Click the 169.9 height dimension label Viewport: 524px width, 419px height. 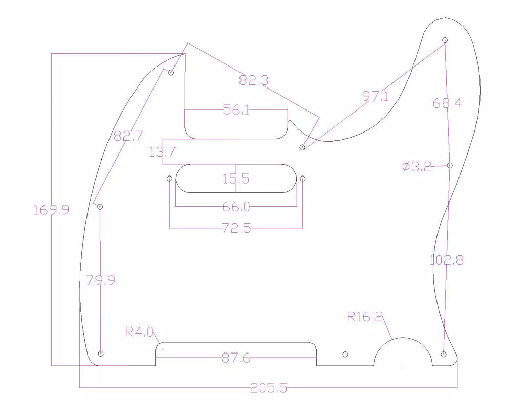click(52, 210)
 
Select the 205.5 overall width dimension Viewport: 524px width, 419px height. click(269, 388)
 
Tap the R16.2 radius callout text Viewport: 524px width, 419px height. click(365, 316)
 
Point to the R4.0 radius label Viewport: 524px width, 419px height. click(139, 332)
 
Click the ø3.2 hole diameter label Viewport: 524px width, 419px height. click(417, 166)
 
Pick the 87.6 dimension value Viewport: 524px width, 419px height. click(236, 358)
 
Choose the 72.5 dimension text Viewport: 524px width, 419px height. click(236, 228)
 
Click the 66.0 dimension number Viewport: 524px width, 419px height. click(236, 207)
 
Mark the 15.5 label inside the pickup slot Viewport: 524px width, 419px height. click(236, 179)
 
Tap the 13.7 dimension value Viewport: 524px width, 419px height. click(162, 152)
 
